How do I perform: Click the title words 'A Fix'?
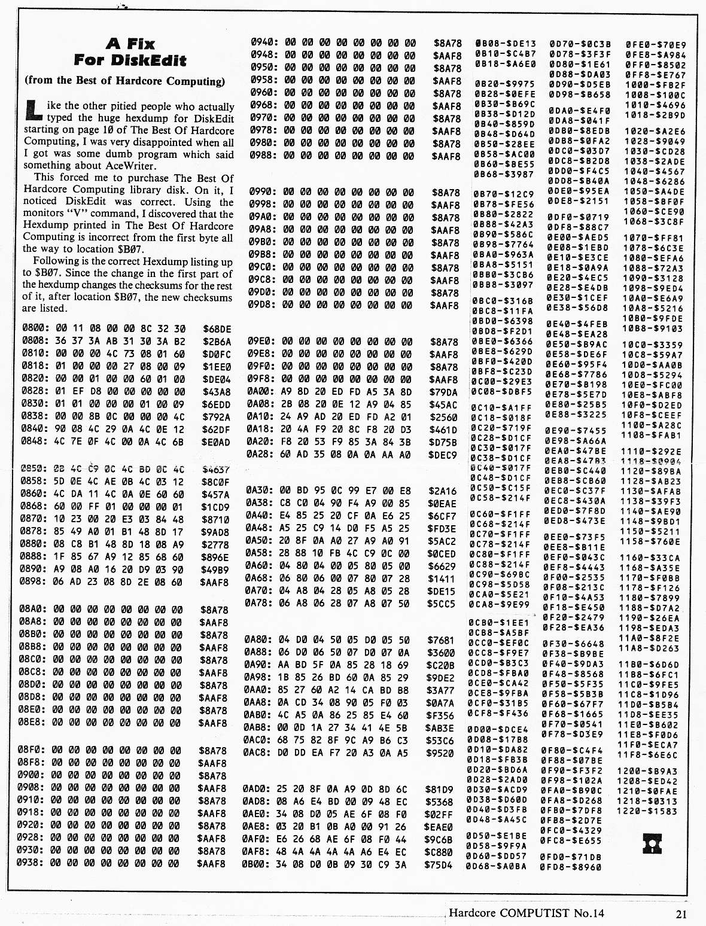click(x=130, y=44)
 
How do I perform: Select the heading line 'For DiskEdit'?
click(x=130, y=60)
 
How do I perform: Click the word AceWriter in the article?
click(x=130, y=166)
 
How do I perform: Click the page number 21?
click(x=681, y=913)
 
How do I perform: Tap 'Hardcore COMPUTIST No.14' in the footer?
click(x=527, y=913)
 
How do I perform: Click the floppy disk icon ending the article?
click(x=652, y=843)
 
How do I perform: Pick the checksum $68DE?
click(x=217, y=329)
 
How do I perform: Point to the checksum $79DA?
click(x=443, y=392)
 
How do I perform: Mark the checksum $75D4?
click(x=439, y=864)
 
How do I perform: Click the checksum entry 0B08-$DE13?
click(x=506, y=44)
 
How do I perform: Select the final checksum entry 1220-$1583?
click(x=647, y=811)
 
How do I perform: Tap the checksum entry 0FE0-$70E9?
click(x=656, y=45)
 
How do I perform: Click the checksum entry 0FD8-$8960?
click(x=571, y=866)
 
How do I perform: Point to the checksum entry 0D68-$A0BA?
click(x=497, y=866)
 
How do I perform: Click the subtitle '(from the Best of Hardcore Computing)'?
click(x=125, y=81)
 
